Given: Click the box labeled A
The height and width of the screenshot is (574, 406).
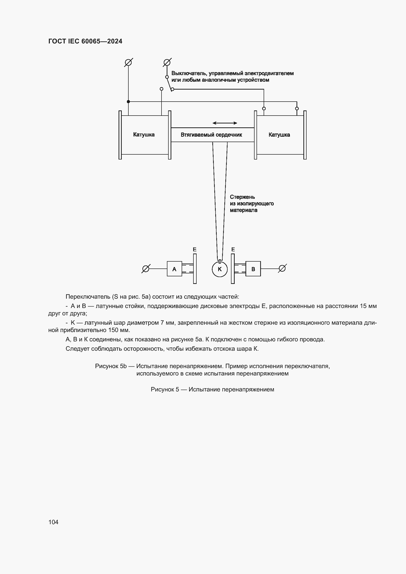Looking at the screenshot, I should coord(174,269).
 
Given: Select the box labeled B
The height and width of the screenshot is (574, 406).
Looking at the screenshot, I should coord(253,269).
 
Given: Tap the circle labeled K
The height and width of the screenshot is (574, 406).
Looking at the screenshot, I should coord(220,269).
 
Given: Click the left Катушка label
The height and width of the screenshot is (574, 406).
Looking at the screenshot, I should coord(144,135).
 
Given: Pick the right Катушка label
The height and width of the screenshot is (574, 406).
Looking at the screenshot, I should coord(279,135).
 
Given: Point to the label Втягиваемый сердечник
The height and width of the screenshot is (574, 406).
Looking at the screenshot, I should coord(211,135).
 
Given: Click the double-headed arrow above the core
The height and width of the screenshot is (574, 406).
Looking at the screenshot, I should coord(225,123).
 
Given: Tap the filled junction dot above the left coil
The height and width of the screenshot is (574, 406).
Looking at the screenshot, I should coord(128,102).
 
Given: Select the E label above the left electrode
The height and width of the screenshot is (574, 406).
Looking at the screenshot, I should coord(194,250).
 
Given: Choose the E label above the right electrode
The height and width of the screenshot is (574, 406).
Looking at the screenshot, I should coord(233,250).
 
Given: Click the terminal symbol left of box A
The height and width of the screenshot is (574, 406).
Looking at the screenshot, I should coord(146,269).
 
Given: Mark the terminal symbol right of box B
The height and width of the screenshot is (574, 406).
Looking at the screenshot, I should coord(282,268).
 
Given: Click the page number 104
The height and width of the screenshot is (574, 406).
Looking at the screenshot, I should coord(53,522).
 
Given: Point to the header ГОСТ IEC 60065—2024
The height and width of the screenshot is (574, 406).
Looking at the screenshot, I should coord(85,41).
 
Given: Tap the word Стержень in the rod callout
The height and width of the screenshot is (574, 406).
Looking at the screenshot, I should coord(242,197).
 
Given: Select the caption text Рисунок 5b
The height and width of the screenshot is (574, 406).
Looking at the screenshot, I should coord(111,366).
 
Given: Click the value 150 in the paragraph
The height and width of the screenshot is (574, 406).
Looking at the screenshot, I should coord(113,330).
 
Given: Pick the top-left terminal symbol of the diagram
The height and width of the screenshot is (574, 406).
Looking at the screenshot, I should coord(128,62).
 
